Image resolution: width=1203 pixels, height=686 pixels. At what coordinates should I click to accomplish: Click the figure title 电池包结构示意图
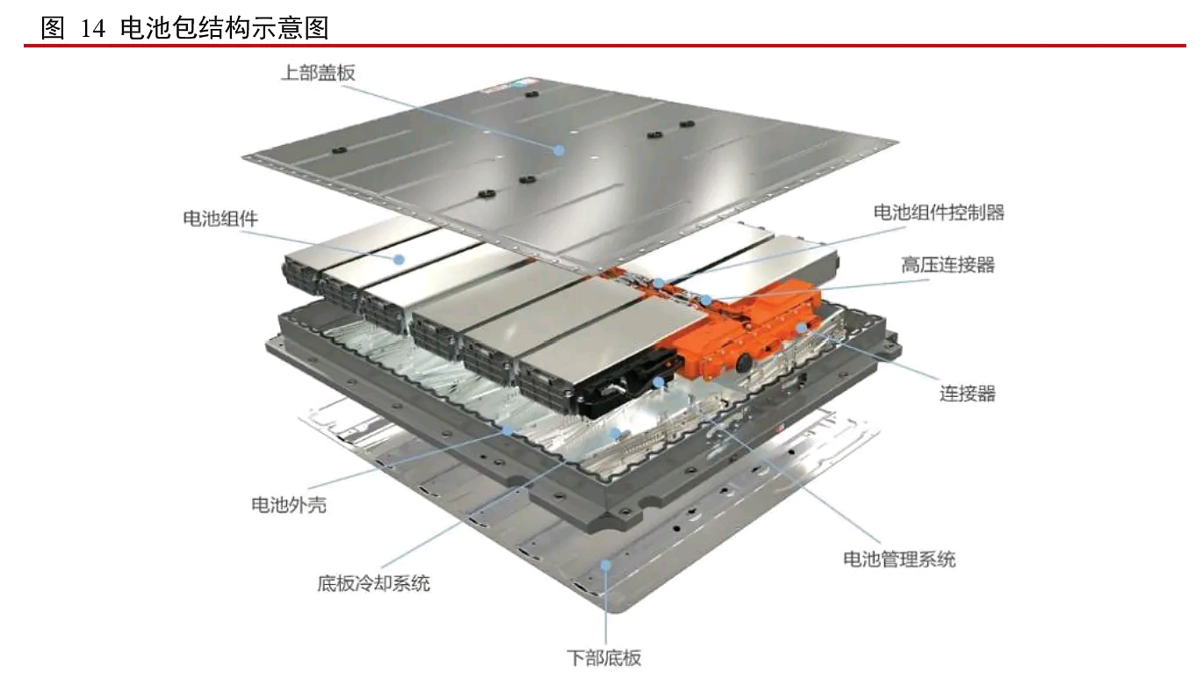pos(224,28)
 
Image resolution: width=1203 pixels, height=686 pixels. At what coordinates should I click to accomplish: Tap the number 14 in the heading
pos(92,28)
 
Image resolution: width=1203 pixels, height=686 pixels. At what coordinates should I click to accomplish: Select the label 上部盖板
pos(318,73)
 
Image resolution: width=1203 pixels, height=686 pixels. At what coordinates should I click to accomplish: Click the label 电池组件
pos(220,219)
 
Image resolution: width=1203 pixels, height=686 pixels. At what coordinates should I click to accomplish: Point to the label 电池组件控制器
pos(939,213)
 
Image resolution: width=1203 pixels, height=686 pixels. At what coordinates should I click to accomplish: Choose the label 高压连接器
pos(947,265)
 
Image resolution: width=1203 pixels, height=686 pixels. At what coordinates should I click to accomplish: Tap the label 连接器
pos(968,394)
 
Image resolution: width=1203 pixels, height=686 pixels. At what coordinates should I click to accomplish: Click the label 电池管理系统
pos(899,560)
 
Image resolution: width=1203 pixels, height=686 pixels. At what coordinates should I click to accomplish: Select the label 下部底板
pos(604,658)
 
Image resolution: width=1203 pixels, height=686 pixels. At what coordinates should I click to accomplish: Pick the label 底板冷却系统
pos(374,583)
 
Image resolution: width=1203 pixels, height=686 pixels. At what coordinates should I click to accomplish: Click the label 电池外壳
pos(289,505)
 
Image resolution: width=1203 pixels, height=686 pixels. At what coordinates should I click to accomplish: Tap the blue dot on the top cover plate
pos(559,150)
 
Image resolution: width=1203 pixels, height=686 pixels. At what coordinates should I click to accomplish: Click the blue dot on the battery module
pos(399,259)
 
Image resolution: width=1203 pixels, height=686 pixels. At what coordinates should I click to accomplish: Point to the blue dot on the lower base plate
pos(605,565)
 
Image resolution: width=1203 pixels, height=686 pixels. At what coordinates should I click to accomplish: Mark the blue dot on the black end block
pos(659,382)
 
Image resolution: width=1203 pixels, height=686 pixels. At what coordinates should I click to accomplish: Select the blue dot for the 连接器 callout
pos(802,328)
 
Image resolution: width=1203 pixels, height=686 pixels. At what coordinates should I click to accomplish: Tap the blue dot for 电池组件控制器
pos(659,283)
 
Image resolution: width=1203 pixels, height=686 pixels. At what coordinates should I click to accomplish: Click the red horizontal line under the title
pos(605,46)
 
